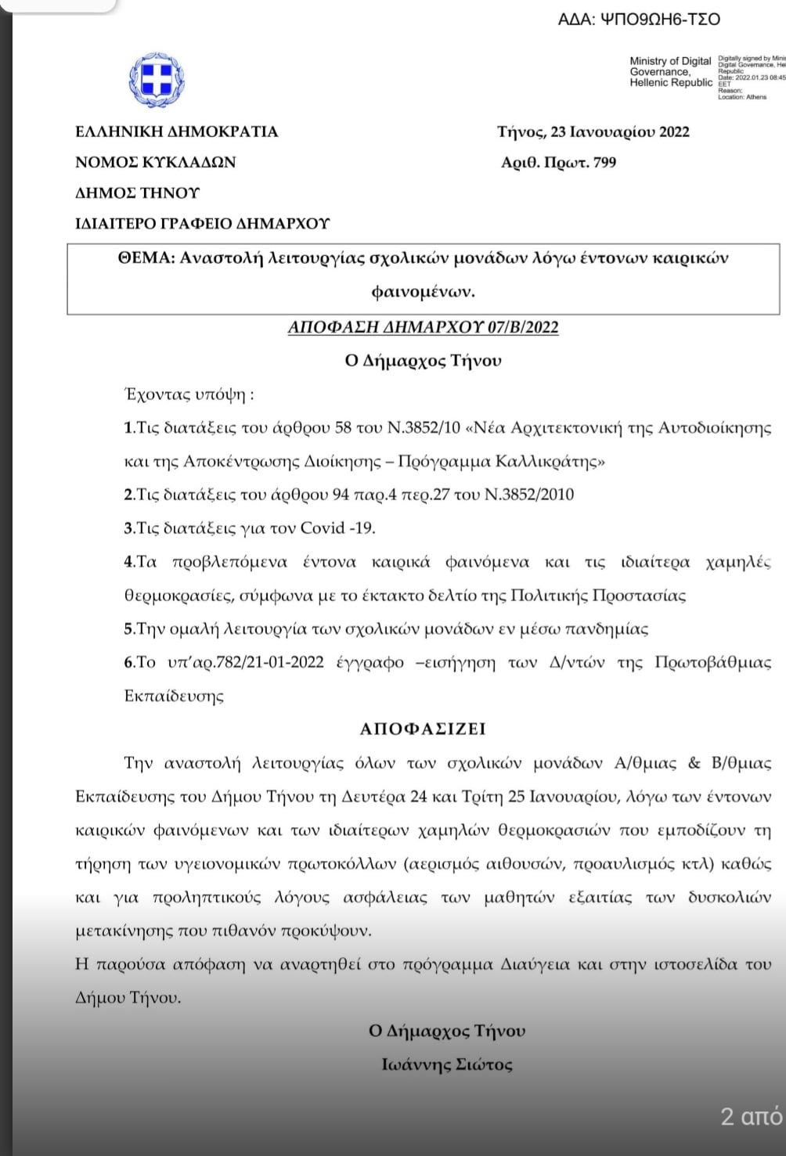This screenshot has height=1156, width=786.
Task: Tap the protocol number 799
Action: click(604, 162)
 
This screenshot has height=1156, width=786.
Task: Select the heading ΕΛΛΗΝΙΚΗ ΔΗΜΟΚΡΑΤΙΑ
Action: click(177, 131)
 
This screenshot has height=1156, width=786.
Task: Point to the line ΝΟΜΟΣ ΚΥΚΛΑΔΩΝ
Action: click(155, 162)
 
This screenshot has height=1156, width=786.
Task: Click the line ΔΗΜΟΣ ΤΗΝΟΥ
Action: click(138, 193)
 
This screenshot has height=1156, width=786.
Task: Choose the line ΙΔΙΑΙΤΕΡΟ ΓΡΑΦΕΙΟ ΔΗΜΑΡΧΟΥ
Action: click(202, 224)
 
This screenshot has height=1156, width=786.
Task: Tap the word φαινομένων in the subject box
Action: click(423, 291)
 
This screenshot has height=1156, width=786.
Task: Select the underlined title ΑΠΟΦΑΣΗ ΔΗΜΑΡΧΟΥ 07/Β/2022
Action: click(423, 326)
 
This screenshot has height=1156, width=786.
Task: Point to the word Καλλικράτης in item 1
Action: click(551, 461)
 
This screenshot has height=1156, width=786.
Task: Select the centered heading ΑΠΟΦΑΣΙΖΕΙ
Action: click(423, 729)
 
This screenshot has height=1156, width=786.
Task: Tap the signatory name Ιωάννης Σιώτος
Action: click(447, 1064)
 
